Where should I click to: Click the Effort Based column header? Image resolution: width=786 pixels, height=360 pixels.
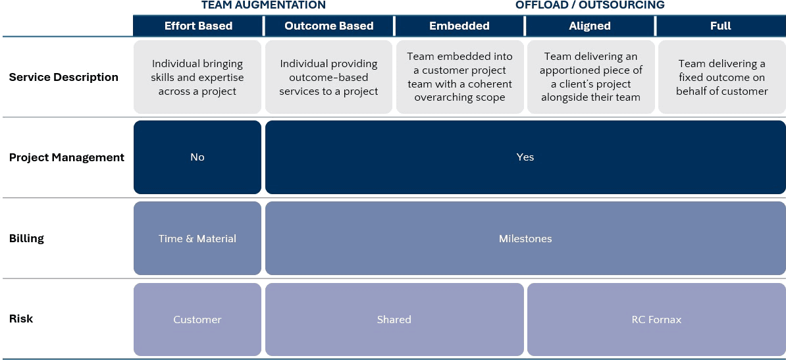(x=198, y=26)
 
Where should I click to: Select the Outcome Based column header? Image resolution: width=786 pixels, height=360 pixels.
(x=329, y=26)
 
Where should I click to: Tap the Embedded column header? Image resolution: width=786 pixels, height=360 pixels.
(x=459, y=26)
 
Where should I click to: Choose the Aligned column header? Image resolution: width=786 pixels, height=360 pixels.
(x=590, y=26)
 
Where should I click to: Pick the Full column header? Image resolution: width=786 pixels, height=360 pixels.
(x=721, y=26)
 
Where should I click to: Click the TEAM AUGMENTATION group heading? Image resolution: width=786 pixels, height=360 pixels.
(x=263, y=5)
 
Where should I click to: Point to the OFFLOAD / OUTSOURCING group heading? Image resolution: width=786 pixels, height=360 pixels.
(x=590, y=5)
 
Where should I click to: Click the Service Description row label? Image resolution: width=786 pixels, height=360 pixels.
(x=64, y=77)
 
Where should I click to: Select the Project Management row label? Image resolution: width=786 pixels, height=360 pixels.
(x=66, y=157)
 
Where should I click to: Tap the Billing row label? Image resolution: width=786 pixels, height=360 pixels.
(x=27, y=238)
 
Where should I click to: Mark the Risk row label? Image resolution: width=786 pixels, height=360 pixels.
(x=22, y=319)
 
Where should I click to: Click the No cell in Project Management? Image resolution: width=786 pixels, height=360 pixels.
(x=197, y=157)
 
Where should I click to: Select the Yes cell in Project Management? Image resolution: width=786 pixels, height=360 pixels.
(x=525, y=157)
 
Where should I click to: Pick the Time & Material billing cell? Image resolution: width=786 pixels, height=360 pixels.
(x=197, y=238)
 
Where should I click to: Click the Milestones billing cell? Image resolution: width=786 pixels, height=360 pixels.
(x=525, y=238)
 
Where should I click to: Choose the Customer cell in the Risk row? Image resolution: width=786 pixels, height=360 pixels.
(x=197, y=320)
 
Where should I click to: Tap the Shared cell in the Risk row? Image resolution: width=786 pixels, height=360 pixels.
(x=394, y=320)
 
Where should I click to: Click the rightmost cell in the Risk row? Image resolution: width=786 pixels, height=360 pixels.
(x=656, y=320)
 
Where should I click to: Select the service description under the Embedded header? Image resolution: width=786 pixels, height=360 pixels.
(x=459, y=77)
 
